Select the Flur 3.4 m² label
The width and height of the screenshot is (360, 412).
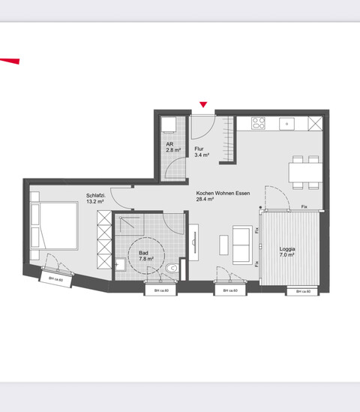coord(201,152)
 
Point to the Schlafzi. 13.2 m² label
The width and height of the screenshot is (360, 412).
coord(94,199)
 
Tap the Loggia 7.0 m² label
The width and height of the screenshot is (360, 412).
coord(287,251)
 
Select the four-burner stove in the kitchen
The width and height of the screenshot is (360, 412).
coord(259,122)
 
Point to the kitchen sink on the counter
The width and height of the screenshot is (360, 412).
coord(285,122)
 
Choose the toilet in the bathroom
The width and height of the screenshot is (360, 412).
coord(175,266)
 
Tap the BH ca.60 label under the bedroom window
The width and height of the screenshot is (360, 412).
coord(55,280)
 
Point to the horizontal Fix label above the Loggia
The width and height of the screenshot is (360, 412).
coord(304,207)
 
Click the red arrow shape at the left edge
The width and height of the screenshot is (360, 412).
coord(9,62)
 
